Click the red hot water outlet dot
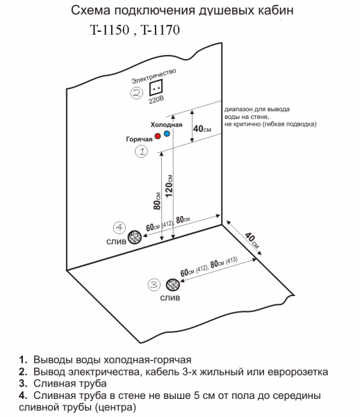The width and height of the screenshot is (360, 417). coord(158,136)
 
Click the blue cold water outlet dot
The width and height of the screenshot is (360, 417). coord(167,133)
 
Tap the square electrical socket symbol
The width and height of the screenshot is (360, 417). coord(156,88)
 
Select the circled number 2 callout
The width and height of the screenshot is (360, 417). coord(137,93)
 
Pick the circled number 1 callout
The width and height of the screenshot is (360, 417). coord(142,152)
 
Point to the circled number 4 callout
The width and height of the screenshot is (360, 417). coord(120,228)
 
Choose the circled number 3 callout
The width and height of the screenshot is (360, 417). coord(154,285)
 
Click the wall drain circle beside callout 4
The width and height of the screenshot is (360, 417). coord(135,237)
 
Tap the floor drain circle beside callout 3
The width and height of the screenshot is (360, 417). coord(172,285)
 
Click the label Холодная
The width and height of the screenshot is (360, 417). coord(166,124)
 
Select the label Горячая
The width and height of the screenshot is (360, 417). coord(139,139)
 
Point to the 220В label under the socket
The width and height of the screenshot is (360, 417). coord(156,100)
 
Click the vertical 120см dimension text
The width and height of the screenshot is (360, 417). coord(169,186)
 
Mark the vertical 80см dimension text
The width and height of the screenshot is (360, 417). coord(157,201)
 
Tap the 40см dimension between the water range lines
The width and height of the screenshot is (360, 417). coord(202,129)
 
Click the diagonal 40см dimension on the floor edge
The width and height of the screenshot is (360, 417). coord(252,240)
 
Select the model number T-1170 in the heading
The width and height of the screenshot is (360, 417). coord(160,30)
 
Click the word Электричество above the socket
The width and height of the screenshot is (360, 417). coord(154,76)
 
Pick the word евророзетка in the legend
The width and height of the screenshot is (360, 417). coord(297,372)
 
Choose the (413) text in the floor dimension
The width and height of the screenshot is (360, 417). coord(231,261)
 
